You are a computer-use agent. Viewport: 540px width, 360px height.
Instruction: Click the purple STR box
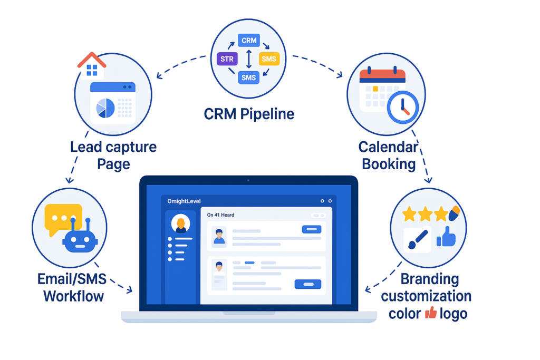click(x=227, y=59)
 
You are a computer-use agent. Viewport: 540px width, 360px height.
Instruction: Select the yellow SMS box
click(x=269, y=59)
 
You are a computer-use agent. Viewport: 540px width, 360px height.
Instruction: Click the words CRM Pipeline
click(x=249, y=113)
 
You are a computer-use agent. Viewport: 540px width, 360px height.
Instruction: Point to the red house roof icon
click(x=92, y=59)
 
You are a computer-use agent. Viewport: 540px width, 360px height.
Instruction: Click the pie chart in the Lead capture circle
click(x=105, y=108)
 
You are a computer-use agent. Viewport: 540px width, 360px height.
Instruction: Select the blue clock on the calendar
click(x=402, y=107)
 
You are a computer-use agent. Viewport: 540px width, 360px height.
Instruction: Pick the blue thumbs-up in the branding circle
click(x=447, y=238)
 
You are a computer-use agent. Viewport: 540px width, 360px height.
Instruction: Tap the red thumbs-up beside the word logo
click(x=431, y=313)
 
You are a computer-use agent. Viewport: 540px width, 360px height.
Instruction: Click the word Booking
click(x=388, y=164)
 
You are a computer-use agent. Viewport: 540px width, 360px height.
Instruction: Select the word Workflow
click(x=73, y=295)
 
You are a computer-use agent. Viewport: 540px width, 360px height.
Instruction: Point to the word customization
click(x=426, y=296)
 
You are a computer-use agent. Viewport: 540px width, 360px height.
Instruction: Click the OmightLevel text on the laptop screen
click(x=184, y=201)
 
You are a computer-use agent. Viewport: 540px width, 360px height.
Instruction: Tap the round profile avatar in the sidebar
click(x=181, y=225)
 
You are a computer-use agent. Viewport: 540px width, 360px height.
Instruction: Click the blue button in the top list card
click(x=311, y=229)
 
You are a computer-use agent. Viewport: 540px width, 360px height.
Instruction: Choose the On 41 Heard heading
click(x=220, y=215)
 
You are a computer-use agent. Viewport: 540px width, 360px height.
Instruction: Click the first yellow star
click(x=410, y=213)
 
